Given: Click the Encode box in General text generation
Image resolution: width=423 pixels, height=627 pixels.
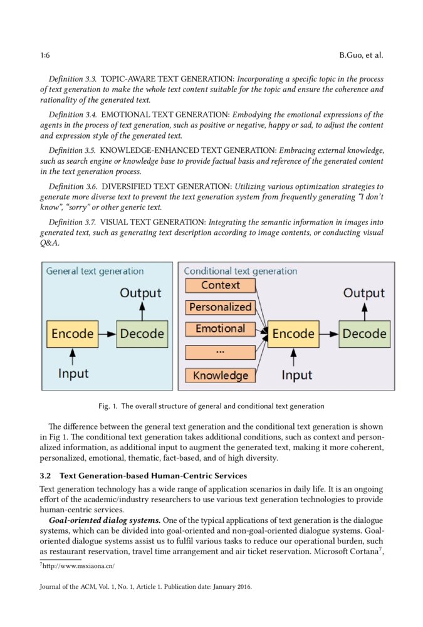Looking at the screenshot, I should (x=73, y=334).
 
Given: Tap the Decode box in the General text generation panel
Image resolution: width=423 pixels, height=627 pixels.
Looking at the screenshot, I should (x=142, y=334).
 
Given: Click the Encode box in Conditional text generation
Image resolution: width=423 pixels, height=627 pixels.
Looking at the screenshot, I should (x=293, y=334).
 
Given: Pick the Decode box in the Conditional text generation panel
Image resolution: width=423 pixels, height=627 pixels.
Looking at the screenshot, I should (x=364, y=334).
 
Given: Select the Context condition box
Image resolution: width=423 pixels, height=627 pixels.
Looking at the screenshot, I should (x=221, y=285).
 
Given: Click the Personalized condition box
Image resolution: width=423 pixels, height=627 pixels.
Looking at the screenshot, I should (x=221, y=307).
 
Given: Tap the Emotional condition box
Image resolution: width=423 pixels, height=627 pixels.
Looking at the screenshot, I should (x=221, y=329).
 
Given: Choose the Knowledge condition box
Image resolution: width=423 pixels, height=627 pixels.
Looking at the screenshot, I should (x=221, y=376).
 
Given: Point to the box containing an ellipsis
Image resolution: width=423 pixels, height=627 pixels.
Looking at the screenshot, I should (x=221, y=352).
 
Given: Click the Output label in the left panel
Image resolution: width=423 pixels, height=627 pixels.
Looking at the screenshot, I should (x=140, y=293).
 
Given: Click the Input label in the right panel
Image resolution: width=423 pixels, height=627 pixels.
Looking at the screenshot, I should (x=296, y=375).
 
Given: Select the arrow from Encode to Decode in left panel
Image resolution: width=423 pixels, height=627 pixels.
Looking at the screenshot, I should (x=107, y=334).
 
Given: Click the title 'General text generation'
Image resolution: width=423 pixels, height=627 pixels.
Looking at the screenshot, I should (x=95, y=271).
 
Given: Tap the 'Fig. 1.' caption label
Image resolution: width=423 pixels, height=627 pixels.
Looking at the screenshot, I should (x=108, y=406).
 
